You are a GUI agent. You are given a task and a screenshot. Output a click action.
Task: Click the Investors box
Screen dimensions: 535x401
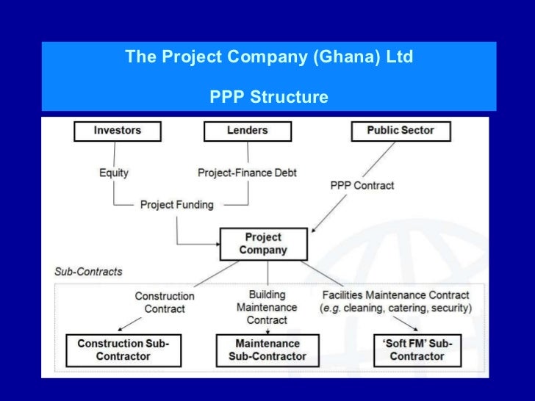click(x=118, y=131)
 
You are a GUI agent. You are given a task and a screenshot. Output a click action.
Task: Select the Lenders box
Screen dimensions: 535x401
click(x=247, y=131)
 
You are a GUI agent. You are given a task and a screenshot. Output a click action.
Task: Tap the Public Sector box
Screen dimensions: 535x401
click(x=400, y=131)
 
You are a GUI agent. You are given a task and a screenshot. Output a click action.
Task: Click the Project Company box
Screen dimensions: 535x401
click(x=262, y=243)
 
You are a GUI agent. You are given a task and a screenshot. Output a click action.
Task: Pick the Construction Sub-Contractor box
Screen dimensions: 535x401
click(x=123, y=350)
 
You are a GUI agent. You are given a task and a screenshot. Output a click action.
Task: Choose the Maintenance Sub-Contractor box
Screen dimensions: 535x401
click(x=267, y=350)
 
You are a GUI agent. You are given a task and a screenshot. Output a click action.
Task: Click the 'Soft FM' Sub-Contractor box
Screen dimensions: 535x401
click(x=417, y=350)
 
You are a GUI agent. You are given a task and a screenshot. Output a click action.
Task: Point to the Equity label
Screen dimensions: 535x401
click(x=113, y=173)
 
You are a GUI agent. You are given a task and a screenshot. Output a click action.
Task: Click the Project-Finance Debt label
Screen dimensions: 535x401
click(x=247, y=173)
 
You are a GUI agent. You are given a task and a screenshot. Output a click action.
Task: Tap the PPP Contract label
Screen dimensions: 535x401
click(x=362, y=186)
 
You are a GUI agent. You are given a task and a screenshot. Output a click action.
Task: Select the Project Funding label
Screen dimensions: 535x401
click(x=176, y=204)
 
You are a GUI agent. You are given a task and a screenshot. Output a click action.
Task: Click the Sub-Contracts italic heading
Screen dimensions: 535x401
click(x=88, y=272)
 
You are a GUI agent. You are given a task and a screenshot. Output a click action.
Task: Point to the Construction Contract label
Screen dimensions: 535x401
click(x=165, y=302)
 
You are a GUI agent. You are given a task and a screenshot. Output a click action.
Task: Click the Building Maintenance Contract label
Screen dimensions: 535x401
click(x=267, y=308)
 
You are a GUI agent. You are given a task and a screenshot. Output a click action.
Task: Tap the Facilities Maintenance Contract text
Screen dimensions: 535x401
click(x=395, y=295)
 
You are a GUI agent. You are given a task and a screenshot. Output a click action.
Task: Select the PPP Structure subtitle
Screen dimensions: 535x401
click(x=268, y=97)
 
